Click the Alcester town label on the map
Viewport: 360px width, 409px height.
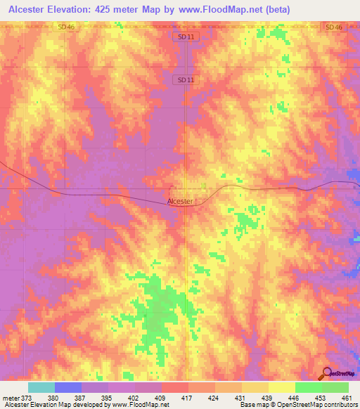180,201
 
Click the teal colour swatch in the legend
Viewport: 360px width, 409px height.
41,387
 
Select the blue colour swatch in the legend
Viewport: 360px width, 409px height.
67,387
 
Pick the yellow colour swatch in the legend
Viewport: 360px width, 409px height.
281,387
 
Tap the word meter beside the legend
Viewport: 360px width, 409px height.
10,397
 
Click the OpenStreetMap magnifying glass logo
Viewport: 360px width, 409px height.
326,372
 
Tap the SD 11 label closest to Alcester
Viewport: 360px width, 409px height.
185,79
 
